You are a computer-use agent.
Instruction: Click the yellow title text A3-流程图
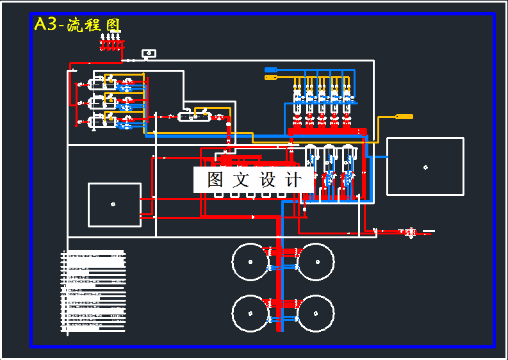(x=77, y=24)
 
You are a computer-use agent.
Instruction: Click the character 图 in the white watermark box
(x=215, y=180)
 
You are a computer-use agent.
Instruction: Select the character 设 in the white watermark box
(x=268, y=180)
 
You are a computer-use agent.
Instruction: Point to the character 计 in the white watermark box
(x=293, y=180)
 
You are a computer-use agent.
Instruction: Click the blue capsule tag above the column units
(x=270, y=70)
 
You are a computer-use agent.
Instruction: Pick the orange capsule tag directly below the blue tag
(x=270, y=78)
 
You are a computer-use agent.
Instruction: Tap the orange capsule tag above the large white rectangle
(x=404, y=117)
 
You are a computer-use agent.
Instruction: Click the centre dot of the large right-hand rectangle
(x=425, y=167)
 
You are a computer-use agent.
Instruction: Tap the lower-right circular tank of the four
(x=316, y=313)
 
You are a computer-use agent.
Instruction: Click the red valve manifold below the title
(x=111, y=44)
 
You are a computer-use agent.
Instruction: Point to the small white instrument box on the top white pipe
(x=149, y=53)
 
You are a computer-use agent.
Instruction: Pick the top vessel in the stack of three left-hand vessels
(x=104, y=83)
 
